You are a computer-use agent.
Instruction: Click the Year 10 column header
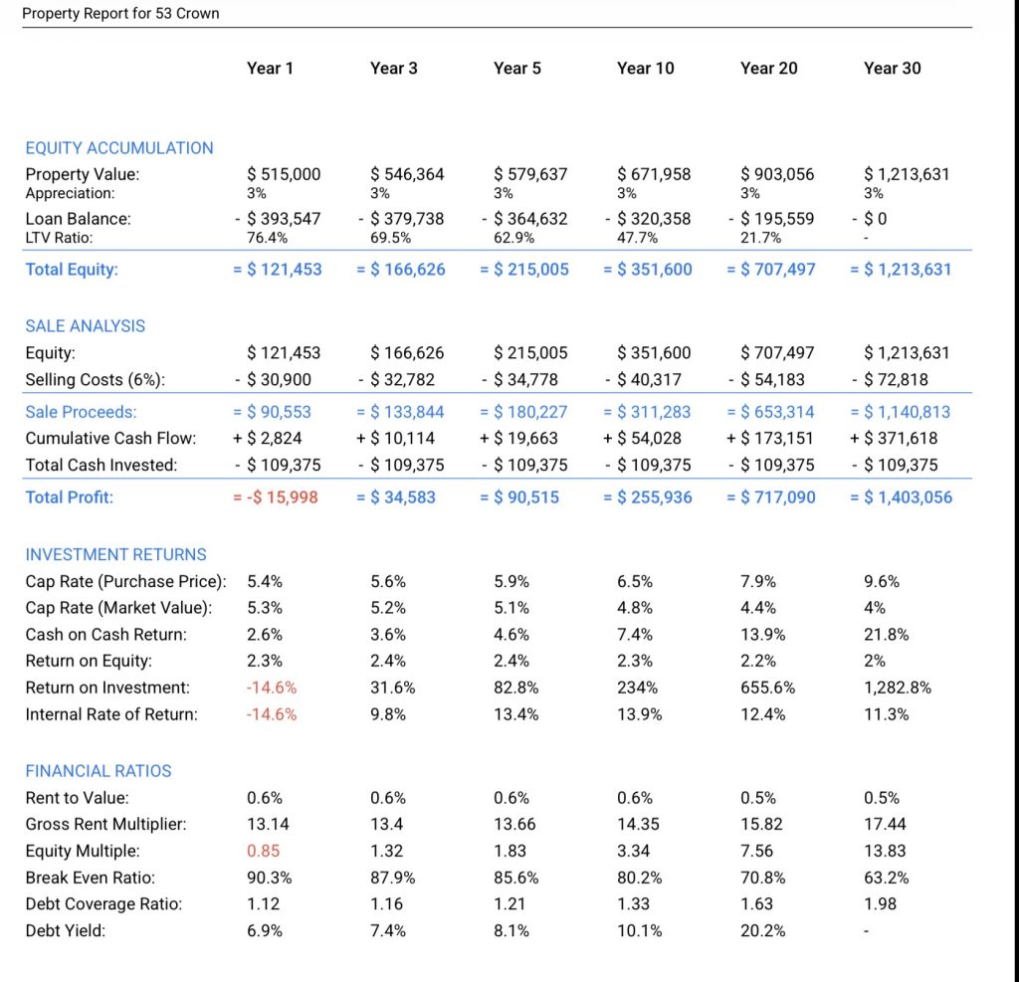[x=645, y=68]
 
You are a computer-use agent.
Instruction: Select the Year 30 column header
[x=892, y=68]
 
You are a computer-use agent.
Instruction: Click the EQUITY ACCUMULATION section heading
[x=119, y=148]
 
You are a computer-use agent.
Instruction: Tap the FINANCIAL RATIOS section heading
[x=99, y=771]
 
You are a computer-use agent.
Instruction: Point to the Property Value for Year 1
[x=284, y=174]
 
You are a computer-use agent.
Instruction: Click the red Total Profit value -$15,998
[x=276, y=496]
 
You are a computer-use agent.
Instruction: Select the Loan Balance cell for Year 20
[x=771, y=218]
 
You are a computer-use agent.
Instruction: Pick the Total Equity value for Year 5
[x=524, y=269]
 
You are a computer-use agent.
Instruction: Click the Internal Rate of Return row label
[x=111, y=714]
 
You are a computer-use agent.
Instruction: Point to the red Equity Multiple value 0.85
[x=263, y=851]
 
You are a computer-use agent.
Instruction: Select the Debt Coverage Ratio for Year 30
[x=880, y=903]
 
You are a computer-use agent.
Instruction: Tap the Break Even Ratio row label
[x=91, y=878]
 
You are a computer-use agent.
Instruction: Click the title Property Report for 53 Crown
[x=120, y=14]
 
